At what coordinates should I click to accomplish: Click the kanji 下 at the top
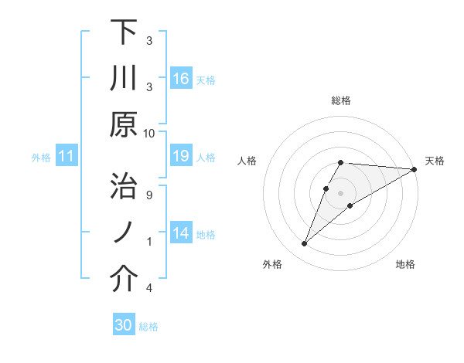(x=124, y=33)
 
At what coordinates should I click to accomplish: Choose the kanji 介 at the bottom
(x=124, y=280)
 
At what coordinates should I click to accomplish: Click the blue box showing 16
(x=181, y=79)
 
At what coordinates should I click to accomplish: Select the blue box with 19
(x=181, y=157)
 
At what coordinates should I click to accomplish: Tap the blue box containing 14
(x=181, y=234)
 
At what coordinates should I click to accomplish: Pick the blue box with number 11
(x=67, y=157)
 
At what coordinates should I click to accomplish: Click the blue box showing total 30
(x=124, y=326)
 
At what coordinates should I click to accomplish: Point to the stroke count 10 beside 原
(x=149, y=133)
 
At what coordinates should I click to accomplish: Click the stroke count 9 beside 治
(x=149, y=195)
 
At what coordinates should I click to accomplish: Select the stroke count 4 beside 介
(x=149, y=288)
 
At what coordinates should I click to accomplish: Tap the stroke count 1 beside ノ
(x=149, y=241)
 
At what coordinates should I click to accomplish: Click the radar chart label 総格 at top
(x=341, y=100)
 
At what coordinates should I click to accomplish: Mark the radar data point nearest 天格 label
(x=415, y=170)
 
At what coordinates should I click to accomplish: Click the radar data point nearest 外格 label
(x=305, y=244)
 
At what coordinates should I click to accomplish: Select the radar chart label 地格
(x=405, y=265)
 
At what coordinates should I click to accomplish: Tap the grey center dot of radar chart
(x=341, y=192)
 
